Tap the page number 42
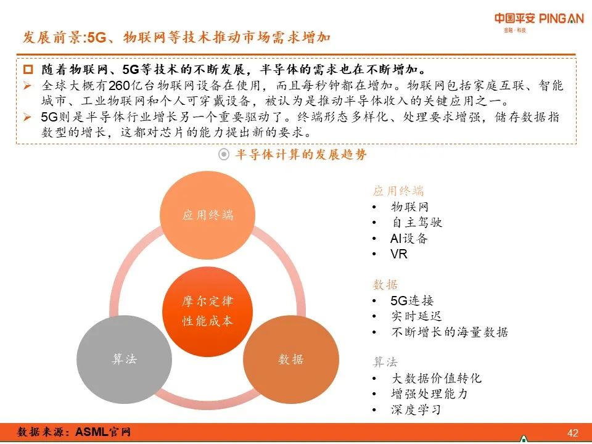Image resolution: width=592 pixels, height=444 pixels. [573, 432]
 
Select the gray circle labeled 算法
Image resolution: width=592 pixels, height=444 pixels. [124, 360]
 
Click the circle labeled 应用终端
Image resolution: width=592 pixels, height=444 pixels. [208, 215]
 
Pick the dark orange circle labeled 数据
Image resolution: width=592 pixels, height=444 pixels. [291, 360]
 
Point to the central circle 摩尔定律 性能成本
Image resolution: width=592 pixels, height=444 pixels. [208, 311]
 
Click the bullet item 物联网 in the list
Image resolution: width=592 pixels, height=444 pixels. [409, 207]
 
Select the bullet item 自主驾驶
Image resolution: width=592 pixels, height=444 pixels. [417, 223]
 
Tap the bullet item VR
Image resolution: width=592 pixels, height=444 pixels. [399, 254]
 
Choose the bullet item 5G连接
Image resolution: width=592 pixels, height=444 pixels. [412, 301]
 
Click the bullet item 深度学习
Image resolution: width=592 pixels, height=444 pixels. [416, 410]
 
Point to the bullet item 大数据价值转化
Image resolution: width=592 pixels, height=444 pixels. [436, 378]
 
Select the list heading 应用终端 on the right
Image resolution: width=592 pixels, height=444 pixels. [398, 191]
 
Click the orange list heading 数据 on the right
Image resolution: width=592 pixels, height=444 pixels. [385, 285]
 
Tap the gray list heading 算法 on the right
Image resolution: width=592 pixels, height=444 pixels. [385, 362]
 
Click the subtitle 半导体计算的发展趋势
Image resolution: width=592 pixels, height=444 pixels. [300, 155]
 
